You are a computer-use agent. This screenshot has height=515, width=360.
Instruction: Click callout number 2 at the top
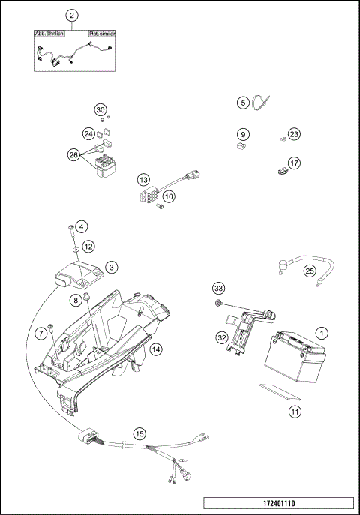pos(72,16)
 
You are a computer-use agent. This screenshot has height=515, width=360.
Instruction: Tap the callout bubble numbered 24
pos(88,134)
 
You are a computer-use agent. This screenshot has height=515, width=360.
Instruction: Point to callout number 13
pos(143,180)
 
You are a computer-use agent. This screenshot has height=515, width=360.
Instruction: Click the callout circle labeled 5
pos(242,102)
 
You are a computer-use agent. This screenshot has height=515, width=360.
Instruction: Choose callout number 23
pos(294,134)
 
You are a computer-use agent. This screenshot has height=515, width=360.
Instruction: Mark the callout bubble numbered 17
pos(294,163)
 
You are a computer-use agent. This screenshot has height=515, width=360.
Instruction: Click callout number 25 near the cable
pos(309,271)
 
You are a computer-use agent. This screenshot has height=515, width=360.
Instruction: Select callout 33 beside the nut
pos(218,289)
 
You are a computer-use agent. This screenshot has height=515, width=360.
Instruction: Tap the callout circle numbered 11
pos(295,412)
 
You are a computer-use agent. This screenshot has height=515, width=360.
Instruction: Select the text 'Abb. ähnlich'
pos(50,34)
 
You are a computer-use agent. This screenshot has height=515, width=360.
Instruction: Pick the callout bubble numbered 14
pos(155,349)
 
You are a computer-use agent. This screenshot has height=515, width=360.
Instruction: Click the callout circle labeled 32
pos(222,338)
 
